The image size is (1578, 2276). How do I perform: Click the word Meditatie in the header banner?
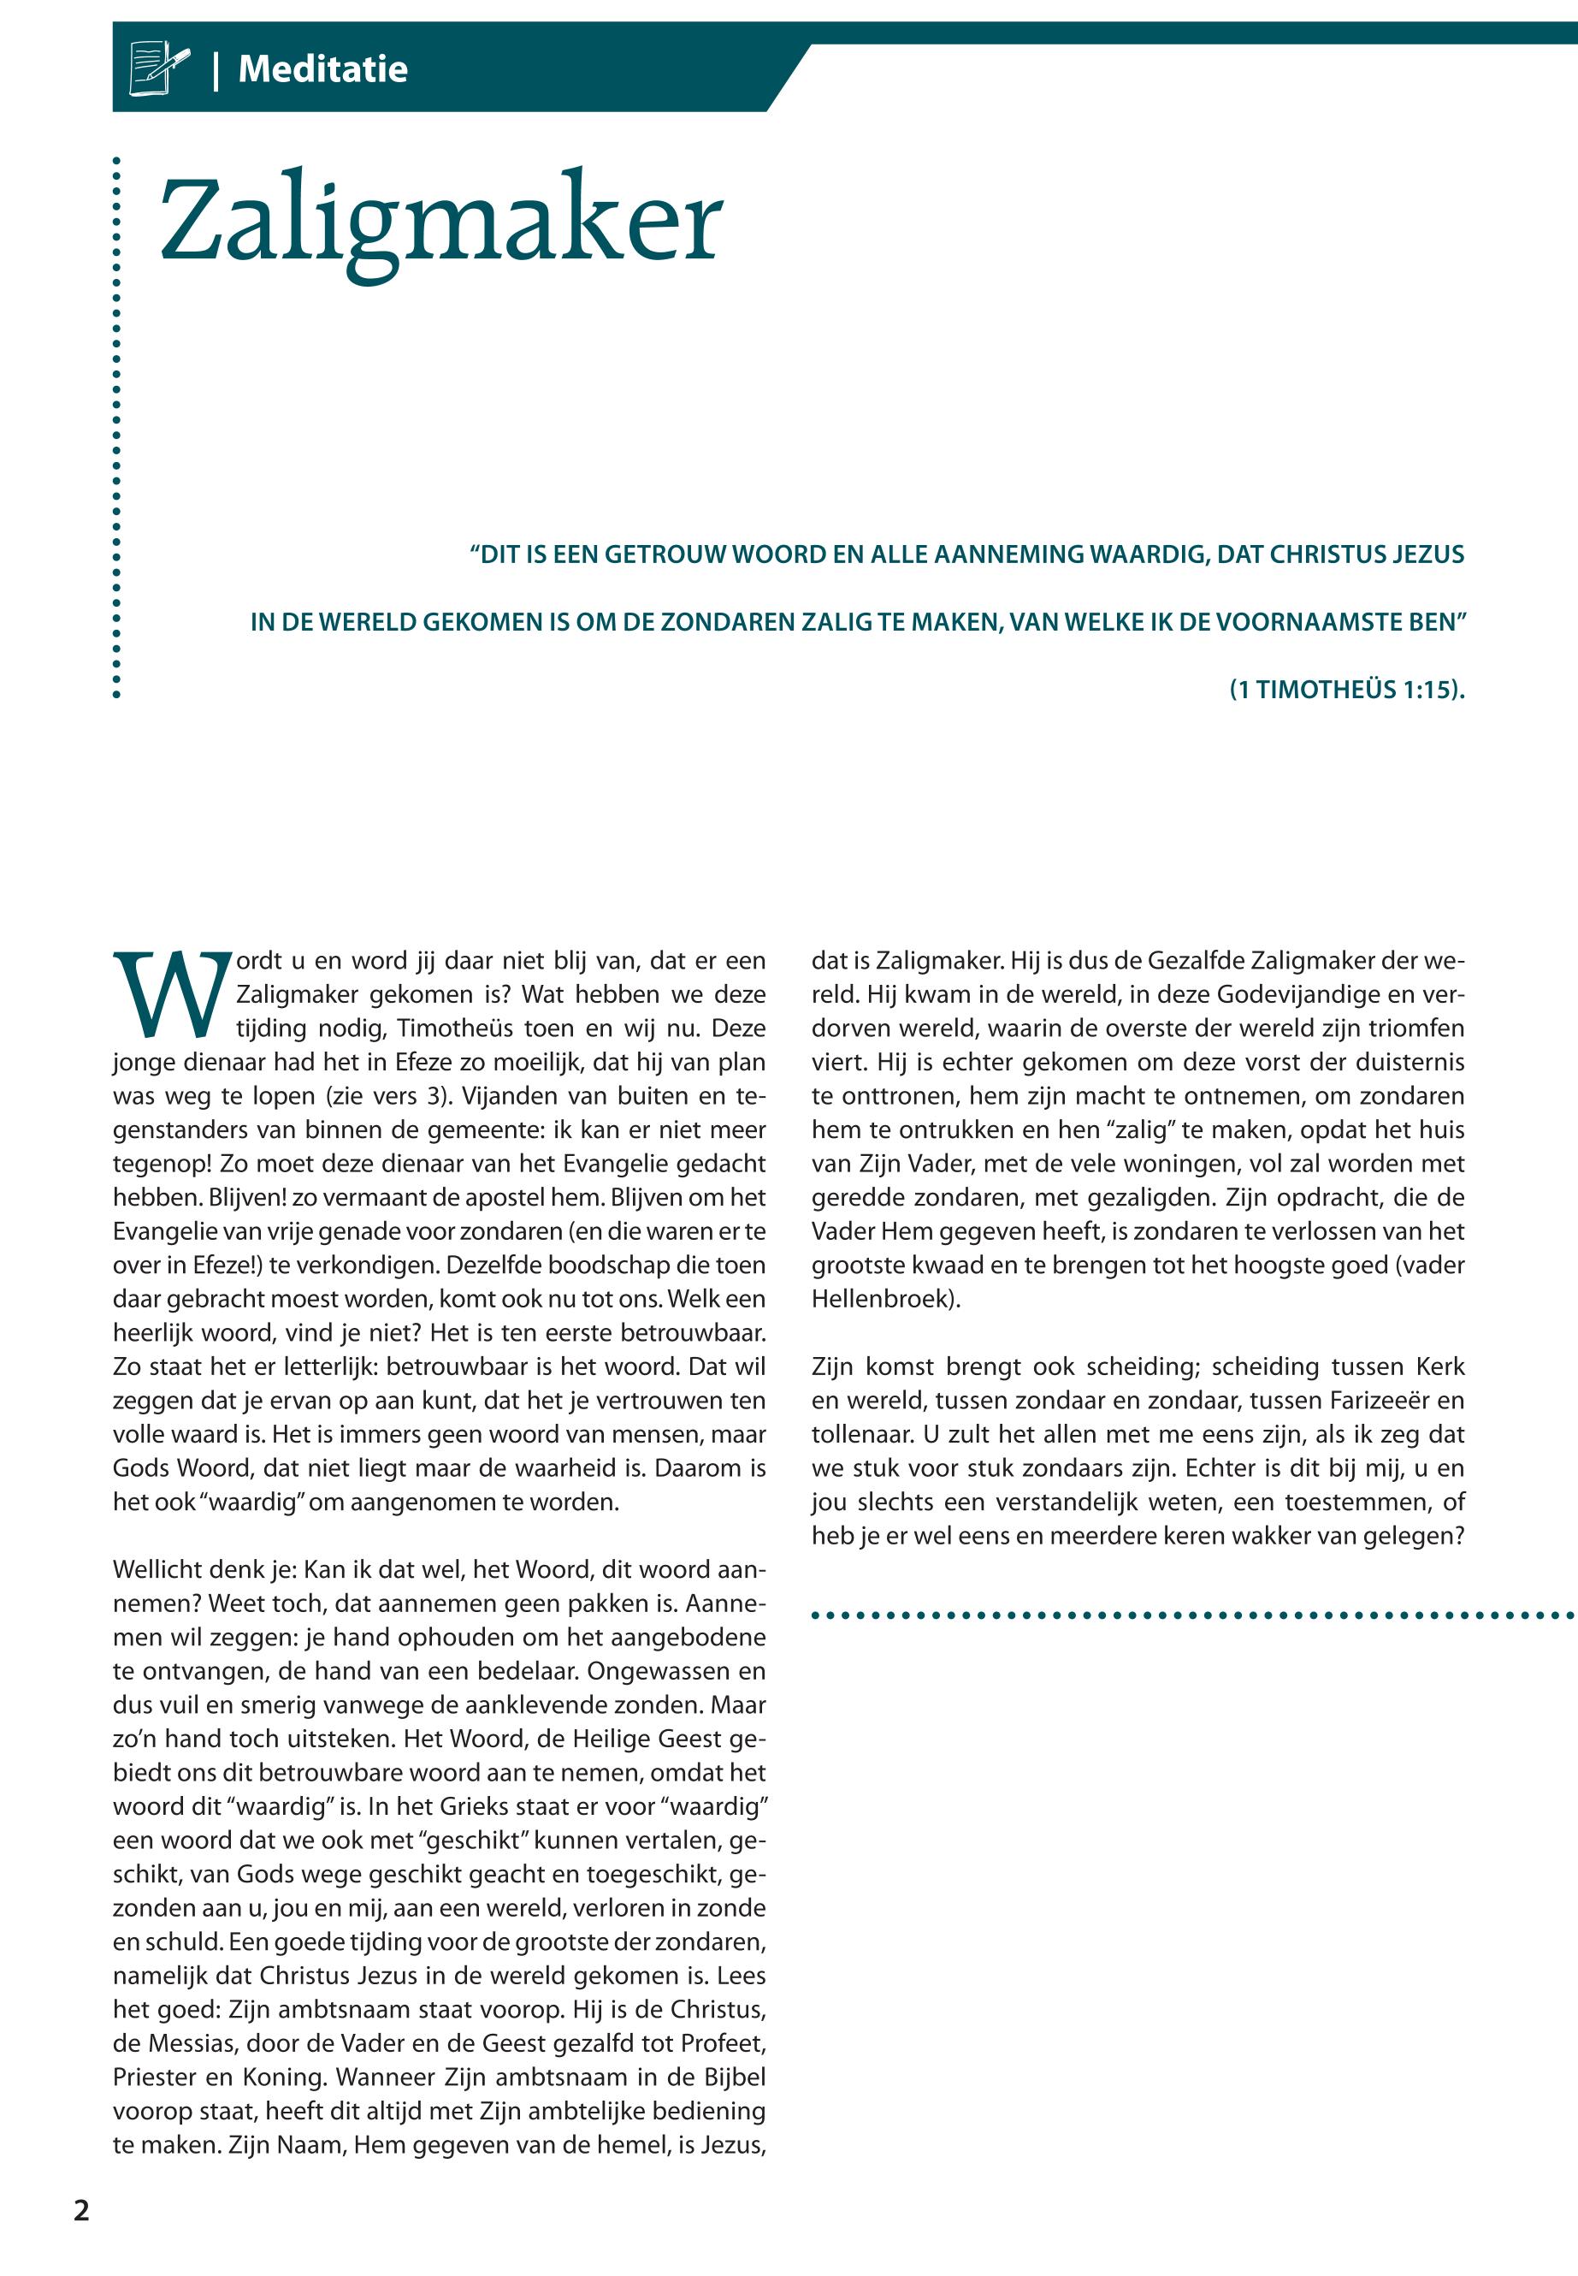pyautogui.click(x=322, y=69)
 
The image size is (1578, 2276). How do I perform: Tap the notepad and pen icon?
pyautogui.click(x=158, y=68)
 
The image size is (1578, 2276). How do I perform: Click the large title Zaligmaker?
pyautogui.click(x=441, y=222)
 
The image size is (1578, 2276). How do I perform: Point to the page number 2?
pyautogui.click(x=81, y=2211)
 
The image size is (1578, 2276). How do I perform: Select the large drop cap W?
pyautogui.click(x=171, y=994)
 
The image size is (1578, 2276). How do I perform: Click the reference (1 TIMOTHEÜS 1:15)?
pyautogui.click(x=1345, y=690)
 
